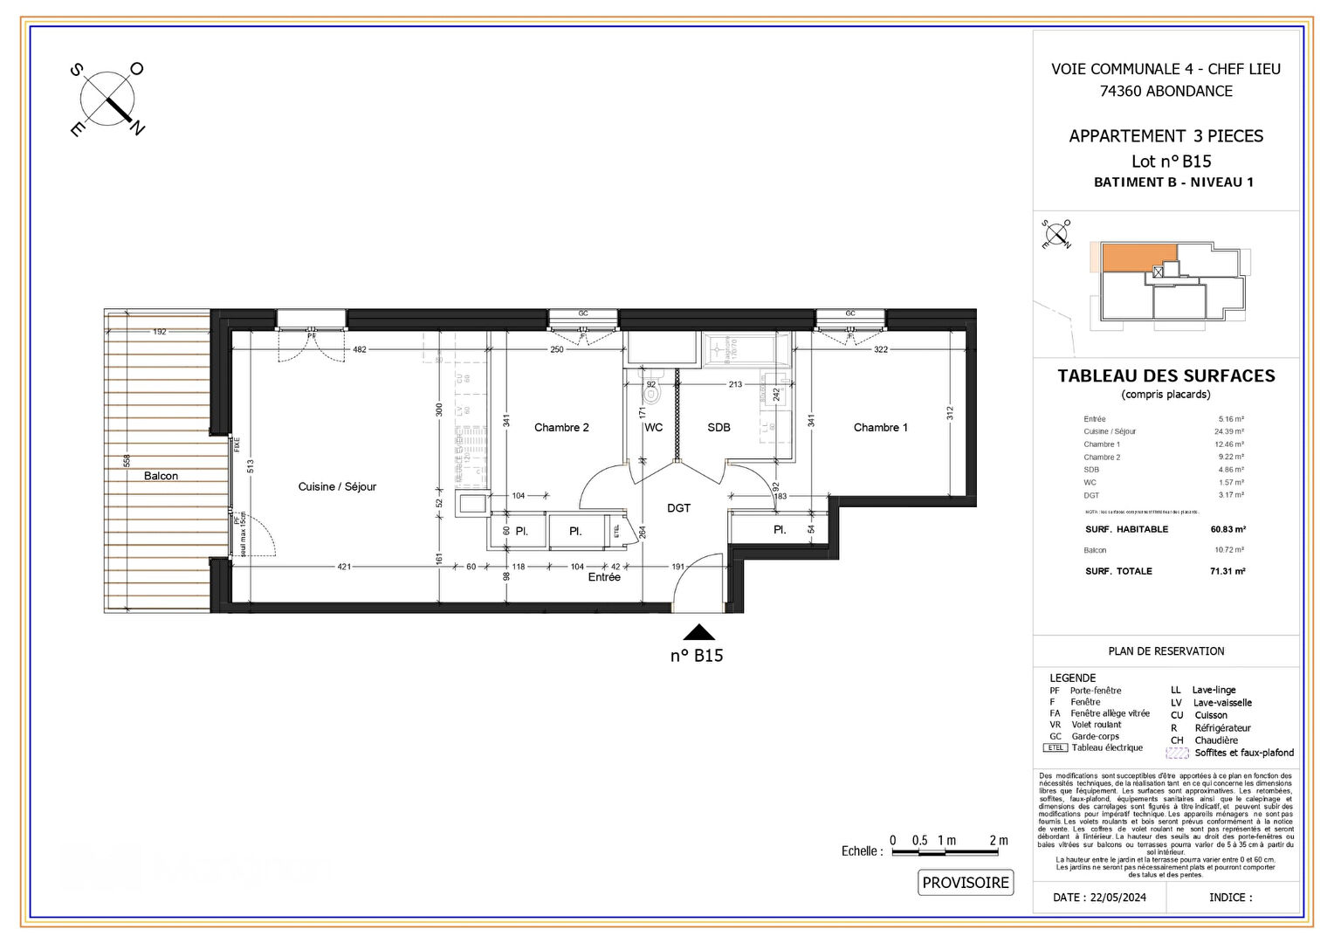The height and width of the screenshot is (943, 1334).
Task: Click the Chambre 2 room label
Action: click(x=561, y=428)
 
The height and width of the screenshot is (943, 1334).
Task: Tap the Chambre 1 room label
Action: click(x=880, y=428)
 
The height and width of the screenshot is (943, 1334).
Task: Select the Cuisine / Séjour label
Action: click(x=337, y=487)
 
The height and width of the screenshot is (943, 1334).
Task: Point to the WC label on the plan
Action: click(x=653, y=428)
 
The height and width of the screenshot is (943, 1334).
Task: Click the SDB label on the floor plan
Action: click(x=719, y=428)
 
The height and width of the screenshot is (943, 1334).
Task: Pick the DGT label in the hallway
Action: click(x=678, y=508)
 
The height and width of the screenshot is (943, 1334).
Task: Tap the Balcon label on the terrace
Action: click(x=161, y=476)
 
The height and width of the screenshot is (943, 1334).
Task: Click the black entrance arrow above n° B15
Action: click(x=698, y=633)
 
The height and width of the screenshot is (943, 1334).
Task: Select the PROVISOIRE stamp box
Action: click(x=966, y=883)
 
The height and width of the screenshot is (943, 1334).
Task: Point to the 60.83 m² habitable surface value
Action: click(x=1227, y=529)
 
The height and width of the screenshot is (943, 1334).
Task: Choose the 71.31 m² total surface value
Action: click(x=1227, y=571)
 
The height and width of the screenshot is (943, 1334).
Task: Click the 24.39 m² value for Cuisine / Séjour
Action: click(x=1228, y=431)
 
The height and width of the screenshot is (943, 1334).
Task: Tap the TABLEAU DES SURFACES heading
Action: click(x=1166, y=376)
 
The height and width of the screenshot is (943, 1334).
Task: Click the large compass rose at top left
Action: click(x=107, y=99)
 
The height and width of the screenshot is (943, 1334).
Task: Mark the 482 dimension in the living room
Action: click(x=360, y=349)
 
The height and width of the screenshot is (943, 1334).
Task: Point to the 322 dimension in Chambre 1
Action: click(x=880, y=349)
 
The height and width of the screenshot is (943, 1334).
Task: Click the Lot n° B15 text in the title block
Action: click(x=1171, y=162)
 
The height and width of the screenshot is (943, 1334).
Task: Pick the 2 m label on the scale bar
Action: click(x=998, y=841)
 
